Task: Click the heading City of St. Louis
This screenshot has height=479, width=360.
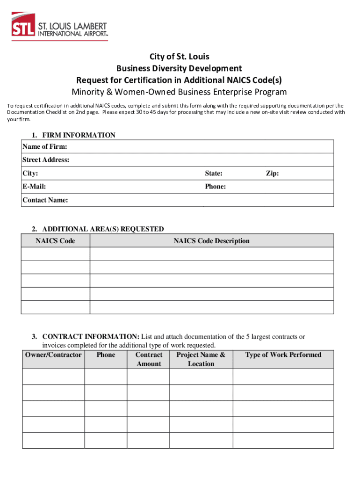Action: coord(180,58)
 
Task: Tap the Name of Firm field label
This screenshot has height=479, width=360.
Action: coord(44,147)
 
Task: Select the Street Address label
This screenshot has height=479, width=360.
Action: coord(46,160)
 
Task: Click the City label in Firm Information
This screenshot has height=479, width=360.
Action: coord(30,174)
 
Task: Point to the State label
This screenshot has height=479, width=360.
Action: coord(214,174)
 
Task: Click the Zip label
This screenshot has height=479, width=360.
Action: coord(273,174)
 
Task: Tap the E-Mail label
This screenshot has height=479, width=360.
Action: coord(34,187)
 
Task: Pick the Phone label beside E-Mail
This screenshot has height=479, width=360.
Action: coord(216,187)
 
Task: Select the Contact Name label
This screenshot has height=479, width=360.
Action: coord(45,200)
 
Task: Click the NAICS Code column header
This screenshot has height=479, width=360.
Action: coord(55,241)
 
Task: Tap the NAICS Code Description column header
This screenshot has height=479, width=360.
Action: coord(211,241)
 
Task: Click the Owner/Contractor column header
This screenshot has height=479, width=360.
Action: coord(53,355)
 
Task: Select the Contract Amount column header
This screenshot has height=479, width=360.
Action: coord(149,359)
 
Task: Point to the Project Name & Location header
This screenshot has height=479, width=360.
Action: coord(201,359)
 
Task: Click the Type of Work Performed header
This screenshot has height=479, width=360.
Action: coord(283,355)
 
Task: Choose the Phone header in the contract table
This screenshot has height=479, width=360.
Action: coord(106,355)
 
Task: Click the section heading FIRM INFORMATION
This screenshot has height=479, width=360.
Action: coord(79,135)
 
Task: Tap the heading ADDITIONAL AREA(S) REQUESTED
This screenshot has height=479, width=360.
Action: coord(103,229)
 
